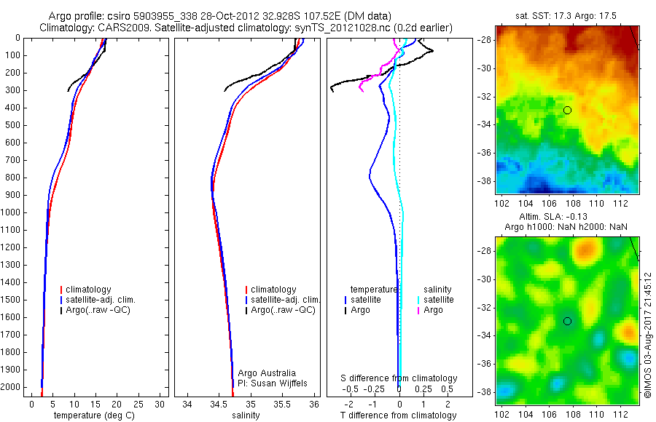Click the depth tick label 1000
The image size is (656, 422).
pos(12,212)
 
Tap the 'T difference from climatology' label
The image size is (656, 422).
pos(399,415)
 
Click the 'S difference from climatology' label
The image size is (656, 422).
pos(399,378)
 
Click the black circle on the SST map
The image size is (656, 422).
pos(567,110)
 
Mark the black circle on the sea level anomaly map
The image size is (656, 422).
pos(567,321)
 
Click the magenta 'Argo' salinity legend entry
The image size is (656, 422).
pos(432,310)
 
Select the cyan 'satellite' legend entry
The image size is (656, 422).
pos(438,300)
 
